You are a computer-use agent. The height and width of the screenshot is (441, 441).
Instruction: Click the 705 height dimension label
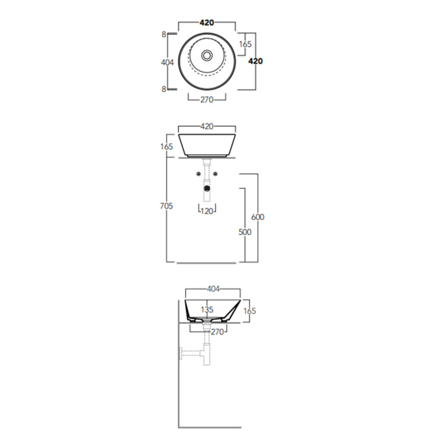click(x=166, y=206)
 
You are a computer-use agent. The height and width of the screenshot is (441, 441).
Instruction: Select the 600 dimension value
click(x=258, y=217)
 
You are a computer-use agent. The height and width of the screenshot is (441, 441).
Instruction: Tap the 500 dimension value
click(x=245, y=232)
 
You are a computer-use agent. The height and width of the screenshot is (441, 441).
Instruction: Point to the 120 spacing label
click(x=207, y=211)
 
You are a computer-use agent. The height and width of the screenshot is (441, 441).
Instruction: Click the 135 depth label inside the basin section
click(x=207, y=310)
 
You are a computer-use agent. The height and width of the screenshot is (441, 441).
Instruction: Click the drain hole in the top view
click(x=207, y=55)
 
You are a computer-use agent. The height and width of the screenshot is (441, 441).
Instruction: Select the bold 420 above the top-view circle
click(x=207, y=22)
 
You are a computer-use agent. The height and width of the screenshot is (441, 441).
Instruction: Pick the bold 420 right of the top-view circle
click(x=256, y=61)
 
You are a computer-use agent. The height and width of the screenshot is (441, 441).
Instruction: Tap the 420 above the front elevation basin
click(x=207, y=126)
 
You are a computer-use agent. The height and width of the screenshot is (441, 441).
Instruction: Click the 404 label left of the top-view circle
click(x=167, y=62)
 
